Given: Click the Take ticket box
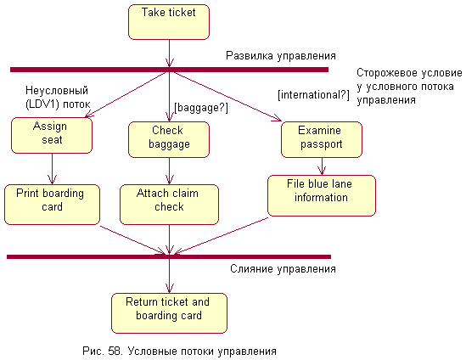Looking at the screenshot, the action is (169, 22).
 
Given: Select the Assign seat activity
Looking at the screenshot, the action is (52, 135).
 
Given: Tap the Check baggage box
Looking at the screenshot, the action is (169, 139).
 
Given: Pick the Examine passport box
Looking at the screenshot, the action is (322, 139).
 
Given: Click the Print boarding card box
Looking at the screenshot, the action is (52, 205).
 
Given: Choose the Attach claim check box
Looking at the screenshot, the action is (169, 205).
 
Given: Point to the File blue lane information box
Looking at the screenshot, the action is (322, 195).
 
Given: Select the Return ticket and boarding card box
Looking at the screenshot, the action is (169, 313).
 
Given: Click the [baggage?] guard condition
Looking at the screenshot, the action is (201, 108).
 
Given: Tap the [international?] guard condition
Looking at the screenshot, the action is (313, 95).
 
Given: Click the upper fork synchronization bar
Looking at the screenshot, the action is (169, 70).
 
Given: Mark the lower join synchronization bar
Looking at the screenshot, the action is (169, 257).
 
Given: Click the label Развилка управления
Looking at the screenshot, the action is (281, 55).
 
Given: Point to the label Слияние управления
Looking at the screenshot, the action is (283, 269).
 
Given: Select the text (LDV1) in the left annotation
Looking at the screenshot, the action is (42, 104).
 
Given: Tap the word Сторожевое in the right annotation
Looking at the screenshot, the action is (382, 73).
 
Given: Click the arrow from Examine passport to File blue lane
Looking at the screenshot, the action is (322, 166).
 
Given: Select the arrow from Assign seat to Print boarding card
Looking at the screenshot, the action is (52, 169).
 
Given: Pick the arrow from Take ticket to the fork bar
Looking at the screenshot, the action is (169, 53).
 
